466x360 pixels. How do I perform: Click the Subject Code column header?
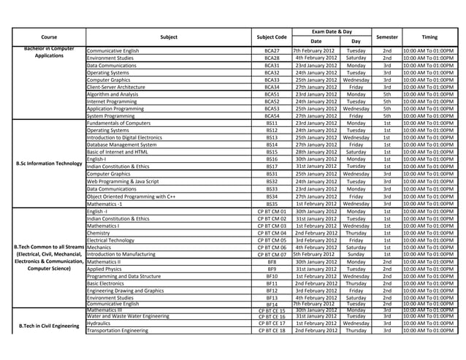tap(272, 37)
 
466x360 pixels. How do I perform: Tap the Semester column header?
tap(387, 37)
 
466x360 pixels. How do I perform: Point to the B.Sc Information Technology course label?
tap(49, 164)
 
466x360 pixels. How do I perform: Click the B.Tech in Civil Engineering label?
tap(48, 326)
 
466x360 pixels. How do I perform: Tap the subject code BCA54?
tap(272, 116)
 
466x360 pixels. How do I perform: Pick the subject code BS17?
tap(272, 166)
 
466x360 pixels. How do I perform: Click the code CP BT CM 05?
tap(272, 240)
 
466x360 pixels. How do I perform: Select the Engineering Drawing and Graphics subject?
tap(125, 291)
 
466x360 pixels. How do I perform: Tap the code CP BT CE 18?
tap(272, 331)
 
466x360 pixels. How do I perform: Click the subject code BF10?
tap(272, 277)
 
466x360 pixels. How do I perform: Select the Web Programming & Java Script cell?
tap(123, 181)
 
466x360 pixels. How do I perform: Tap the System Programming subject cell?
tap(110, 116)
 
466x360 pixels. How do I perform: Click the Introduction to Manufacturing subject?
tap(122, 254)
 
